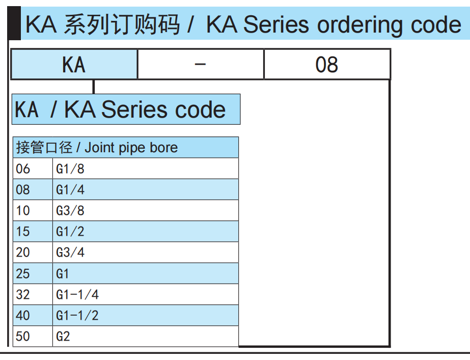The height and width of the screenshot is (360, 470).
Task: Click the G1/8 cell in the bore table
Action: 70,169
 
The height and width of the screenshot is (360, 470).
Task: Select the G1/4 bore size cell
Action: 70,190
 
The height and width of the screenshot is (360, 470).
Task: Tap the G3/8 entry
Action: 70,211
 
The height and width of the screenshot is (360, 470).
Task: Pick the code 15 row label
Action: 23,232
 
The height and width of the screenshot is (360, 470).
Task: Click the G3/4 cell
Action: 70,253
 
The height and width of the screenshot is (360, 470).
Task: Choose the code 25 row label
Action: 23,274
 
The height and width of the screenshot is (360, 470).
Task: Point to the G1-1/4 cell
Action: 77,295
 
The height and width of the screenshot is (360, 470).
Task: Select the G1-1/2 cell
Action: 77,316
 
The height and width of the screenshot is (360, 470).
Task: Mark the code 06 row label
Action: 23,169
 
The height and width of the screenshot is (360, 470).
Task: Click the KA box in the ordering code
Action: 74,65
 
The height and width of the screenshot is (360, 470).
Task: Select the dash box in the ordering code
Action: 201,65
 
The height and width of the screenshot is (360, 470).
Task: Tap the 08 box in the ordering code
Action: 326,65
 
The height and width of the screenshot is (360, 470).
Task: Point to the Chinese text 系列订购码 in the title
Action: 122,25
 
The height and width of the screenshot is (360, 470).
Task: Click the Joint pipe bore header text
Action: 131,148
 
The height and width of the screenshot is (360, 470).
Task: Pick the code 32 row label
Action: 23,295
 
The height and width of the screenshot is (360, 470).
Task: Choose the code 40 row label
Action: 23,316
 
